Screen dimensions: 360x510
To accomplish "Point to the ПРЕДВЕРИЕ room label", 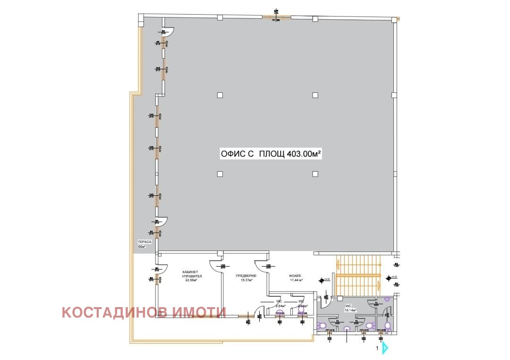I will coord(246,276).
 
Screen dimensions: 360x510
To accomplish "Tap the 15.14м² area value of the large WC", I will coord(350,310).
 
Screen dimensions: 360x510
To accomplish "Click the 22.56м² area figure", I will coord(191,280).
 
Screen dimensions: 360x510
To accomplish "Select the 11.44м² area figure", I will coord(296,280).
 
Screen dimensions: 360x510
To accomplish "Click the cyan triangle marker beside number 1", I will coord(385,348).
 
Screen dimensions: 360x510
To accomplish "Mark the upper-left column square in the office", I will coord(220,95).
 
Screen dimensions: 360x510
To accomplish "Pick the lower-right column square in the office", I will coord(315,174).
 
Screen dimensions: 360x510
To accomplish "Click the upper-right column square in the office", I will coord(315,95).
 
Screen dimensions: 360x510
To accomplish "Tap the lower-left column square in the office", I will coord(220,174).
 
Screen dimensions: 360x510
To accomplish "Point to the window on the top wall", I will coord(277,17).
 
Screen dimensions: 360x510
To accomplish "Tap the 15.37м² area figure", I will coord(246,280).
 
